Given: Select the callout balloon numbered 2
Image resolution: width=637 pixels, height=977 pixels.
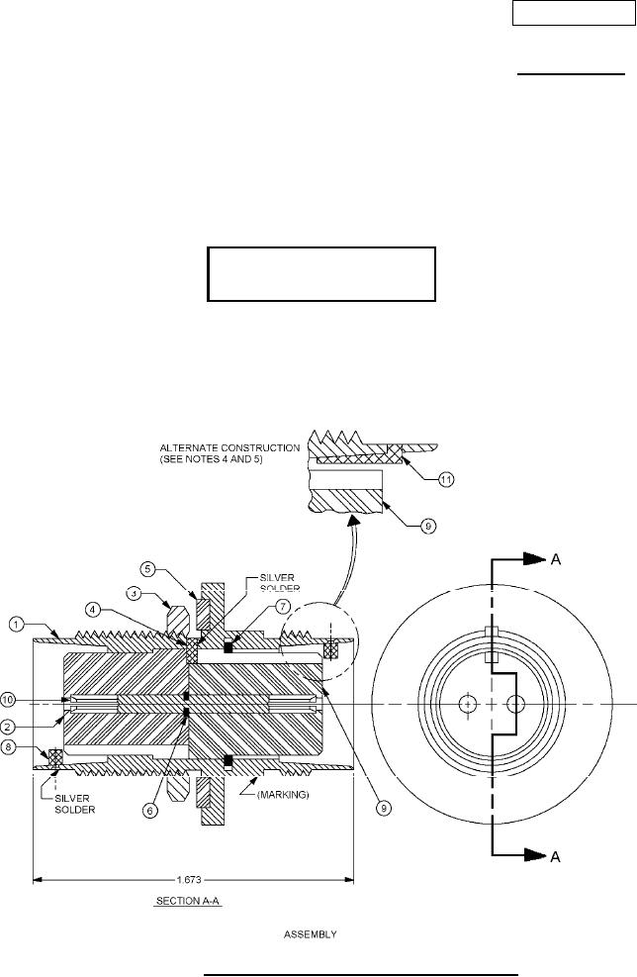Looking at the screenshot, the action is [8, 726].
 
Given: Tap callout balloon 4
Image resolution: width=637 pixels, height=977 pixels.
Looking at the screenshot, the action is [93, 610].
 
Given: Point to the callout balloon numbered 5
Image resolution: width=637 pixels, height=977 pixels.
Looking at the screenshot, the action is [147, 568].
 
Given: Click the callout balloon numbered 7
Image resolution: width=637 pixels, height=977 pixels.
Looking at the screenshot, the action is [283, 606].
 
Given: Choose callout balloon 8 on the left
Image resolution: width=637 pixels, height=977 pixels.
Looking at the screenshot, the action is [8, 747].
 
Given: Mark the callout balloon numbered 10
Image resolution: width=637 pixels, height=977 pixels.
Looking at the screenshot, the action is [8, 700].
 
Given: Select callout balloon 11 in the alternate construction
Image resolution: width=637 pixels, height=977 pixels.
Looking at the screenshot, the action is [446, 480].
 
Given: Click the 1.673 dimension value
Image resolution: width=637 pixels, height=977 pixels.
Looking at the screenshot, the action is [189, 880].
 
